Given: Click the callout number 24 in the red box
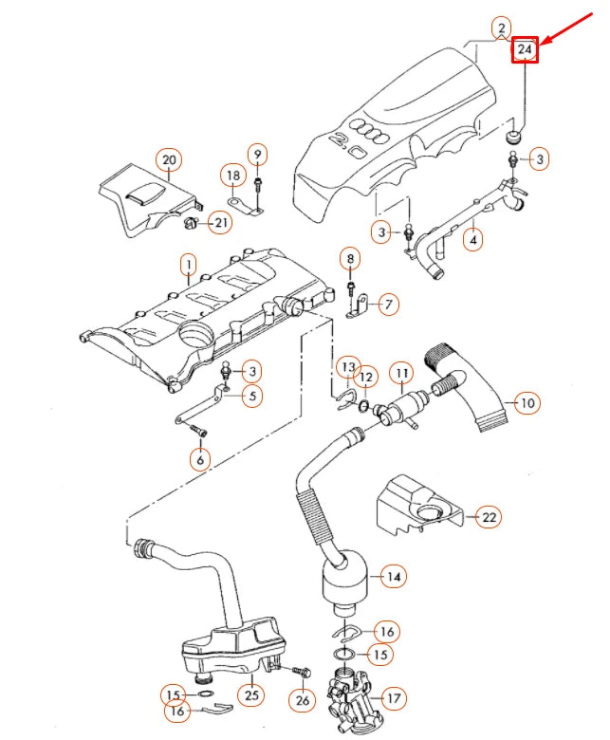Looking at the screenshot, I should [x=525, y=49].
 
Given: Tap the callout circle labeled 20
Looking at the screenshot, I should [x=169, y=159].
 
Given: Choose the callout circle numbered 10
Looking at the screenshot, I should [x=527, y=403].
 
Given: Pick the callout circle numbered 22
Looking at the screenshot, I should [x=488, y=517].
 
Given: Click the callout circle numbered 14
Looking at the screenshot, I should [x=393, y=576].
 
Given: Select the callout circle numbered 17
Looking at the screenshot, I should [x=393, y=698].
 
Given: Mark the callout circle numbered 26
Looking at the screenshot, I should [x=303, y=701].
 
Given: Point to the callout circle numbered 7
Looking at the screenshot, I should [x=389, y=305].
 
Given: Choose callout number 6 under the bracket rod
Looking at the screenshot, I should [x=199, y=459].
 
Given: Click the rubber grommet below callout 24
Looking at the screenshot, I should [x=513, y=138].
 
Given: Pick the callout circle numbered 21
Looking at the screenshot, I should [x=219, y=223].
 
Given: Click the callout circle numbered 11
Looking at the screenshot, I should [x=402, y=373].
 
